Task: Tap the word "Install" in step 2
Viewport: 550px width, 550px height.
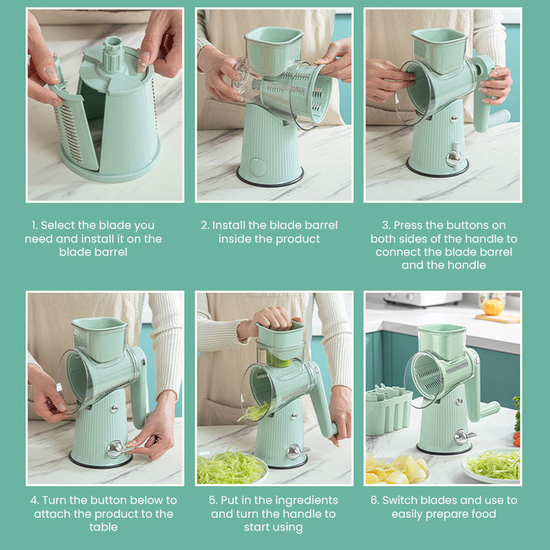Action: coord(229,225)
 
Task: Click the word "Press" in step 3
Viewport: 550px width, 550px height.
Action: coord(407,225)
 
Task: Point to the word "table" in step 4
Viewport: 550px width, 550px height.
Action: coord(104,527)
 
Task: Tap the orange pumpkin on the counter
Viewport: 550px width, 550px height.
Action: coord(493,307)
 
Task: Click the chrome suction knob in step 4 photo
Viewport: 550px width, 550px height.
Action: coord(115,449)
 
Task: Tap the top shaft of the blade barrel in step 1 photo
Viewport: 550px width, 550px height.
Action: coord(113,54)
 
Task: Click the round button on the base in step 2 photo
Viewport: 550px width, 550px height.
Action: coord(258,167)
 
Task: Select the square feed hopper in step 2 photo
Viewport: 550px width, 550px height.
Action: coord(273,49)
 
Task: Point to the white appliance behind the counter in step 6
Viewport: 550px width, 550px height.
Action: coord(423,299)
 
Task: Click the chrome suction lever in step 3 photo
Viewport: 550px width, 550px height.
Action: coord(454,157)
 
